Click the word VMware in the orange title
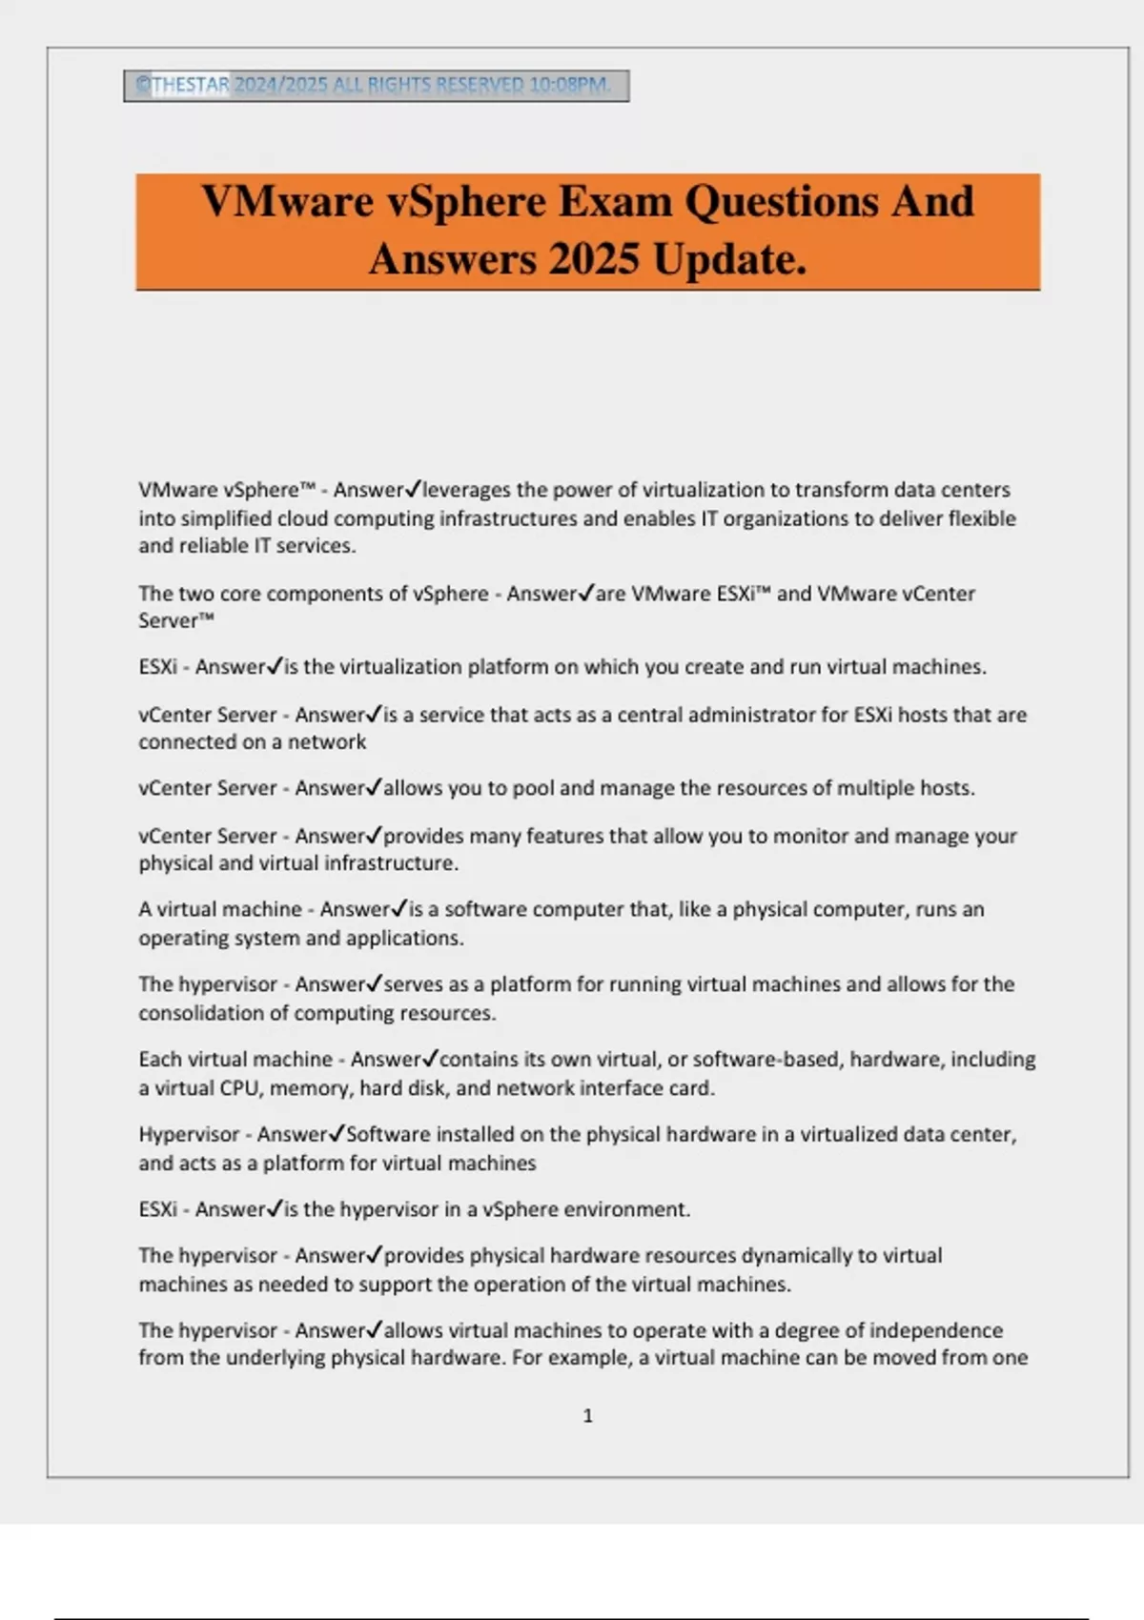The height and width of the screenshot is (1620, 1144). [287, 202]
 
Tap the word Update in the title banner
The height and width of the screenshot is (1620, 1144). [729, 259]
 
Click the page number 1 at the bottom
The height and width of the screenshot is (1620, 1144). [587, 1416]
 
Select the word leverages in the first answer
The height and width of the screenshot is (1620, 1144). [466, 490]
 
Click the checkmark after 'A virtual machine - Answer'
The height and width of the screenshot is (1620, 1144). [400, 908]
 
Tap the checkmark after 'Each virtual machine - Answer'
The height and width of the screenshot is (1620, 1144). [431, 1058]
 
